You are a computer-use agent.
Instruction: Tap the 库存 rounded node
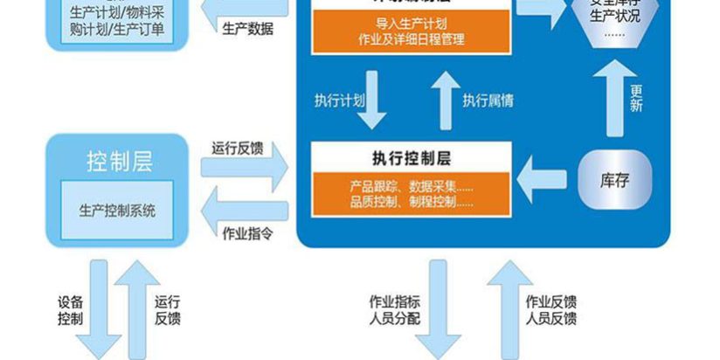click(x=614, y=181)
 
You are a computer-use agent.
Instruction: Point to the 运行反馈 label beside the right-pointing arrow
click(x=237, y=148)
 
